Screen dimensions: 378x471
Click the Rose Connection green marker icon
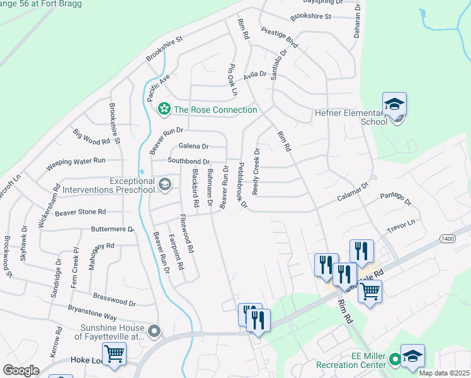point(164,110)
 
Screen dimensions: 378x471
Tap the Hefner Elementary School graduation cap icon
point(394,104)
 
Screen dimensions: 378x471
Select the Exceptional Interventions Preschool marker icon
point(164,184)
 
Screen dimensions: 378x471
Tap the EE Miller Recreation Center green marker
point(395,360)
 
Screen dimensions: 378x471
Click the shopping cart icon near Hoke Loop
point(114,353)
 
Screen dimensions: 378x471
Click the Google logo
point(21,370)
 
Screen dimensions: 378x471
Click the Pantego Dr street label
point(395,200)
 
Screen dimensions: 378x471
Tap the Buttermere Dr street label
point(113,229)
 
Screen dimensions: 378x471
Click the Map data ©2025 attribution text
point(444,373)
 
